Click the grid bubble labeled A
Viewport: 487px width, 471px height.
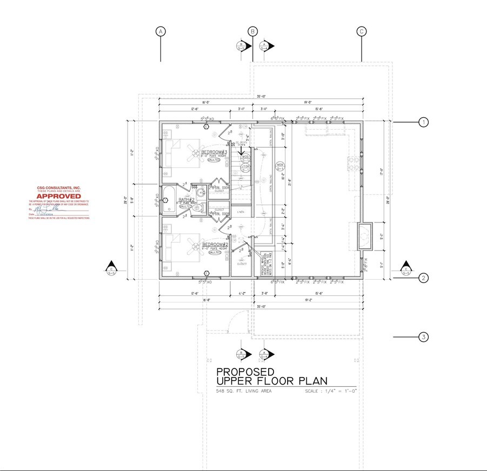click(161, 31)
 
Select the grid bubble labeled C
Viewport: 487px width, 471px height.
click(362, 31)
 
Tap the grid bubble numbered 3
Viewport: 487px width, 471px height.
click(424, 337)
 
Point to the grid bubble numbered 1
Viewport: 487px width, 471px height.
click(424, 123)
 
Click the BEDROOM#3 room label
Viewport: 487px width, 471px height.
click(215, 153)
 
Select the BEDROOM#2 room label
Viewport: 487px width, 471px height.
click(214, 245)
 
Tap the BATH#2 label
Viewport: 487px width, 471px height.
click(186, 200)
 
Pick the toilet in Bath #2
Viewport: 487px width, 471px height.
click(198, 207)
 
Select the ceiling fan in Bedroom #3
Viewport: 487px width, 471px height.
click(192, 152)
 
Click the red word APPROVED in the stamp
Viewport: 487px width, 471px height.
click(58, 196)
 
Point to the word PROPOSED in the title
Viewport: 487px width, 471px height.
click(245, 372)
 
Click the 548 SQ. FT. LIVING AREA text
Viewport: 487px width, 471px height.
click(244, 391)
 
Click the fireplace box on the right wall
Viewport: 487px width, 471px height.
click(365, 236)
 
